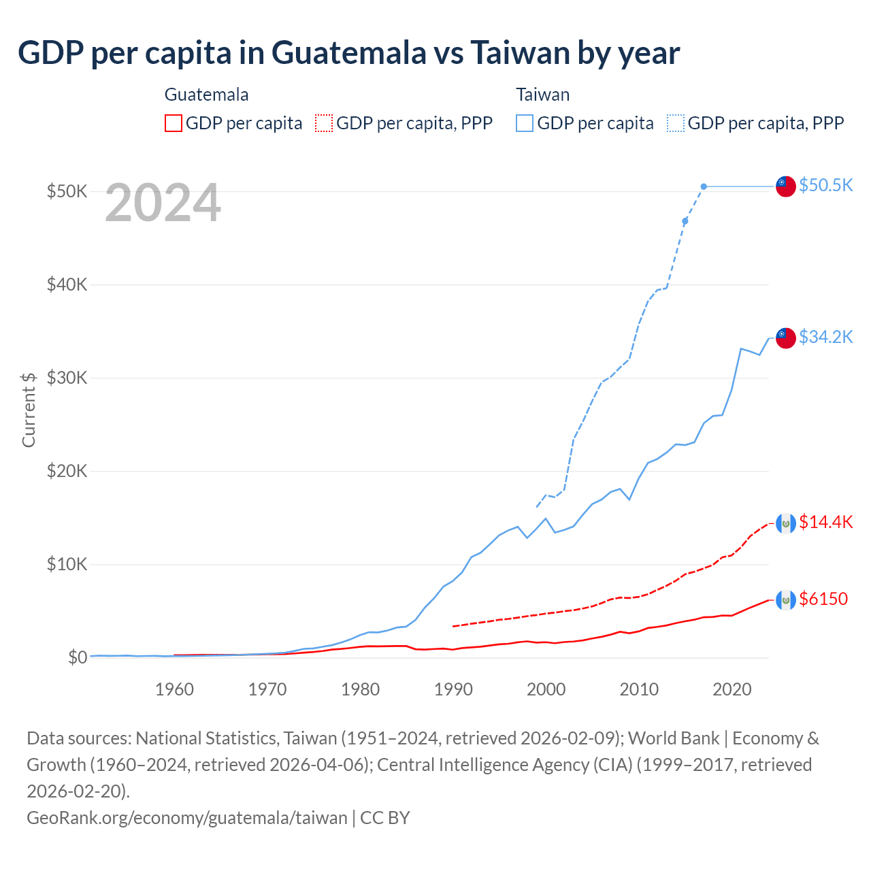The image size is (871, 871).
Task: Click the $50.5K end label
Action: click(825, 185)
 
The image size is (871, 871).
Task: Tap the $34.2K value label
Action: click(825, 337)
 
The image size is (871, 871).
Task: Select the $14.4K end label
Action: click(825, 522)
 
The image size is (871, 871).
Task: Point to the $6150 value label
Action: click(823, 599)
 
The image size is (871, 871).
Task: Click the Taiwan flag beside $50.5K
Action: click(786, 186)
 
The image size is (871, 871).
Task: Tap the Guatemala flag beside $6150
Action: click(786, 599)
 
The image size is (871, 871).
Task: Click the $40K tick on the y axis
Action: click(67, 284)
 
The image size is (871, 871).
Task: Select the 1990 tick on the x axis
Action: click(453, 689)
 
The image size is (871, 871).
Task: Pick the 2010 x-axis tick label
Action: click(639, 689)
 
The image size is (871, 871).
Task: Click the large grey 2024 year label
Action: click(163, 203)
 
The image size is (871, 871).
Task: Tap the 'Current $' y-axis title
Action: click(29, 410)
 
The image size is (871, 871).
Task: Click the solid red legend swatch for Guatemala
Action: click(174, 123)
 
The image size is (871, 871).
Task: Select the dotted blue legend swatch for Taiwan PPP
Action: click(676, 123)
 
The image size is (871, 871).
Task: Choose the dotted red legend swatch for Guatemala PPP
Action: click(324, 123)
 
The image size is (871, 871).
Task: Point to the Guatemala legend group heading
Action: click(206, 95)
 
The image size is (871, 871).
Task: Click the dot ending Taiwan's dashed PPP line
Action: click(704, 186)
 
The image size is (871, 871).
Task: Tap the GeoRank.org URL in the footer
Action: click(186, 817)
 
